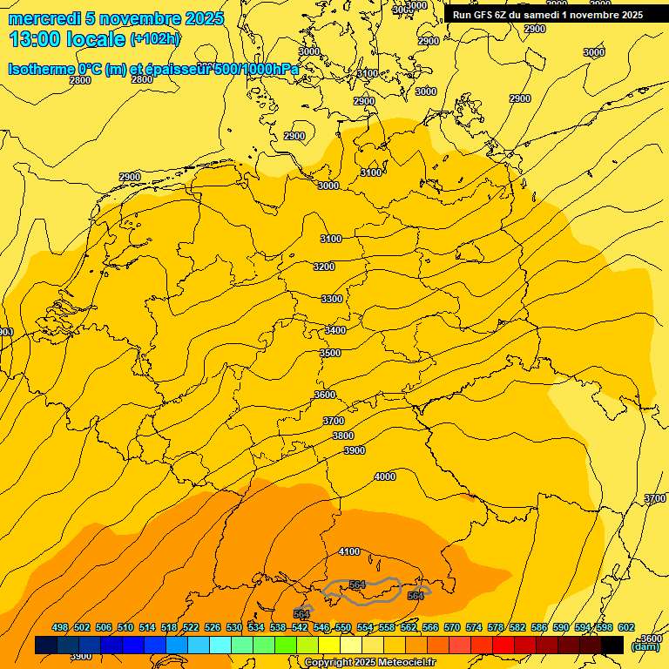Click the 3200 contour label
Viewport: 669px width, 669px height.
pyautogui.click(x=324, y=267)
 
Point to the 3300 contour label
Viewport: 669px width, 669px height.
pyautogui.click(x=332, y=299)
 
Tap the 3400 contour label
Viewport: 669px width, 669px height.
pyautogui.click(x=335, y=330)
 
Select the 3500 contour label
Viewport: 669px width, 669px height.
pyautogui.click(x=330, y=353)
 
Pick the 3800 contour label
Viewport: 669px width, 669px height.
pyautogui.click(x=343, y=436)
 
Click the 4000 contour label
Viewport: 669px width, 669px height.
pyautogui.click(x=384, y=476)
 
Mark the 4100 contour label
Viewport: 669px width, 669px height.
pyautogui.click(x=349, y=551)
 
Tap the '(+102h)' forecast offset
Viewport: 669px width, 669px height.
pyautogui.click(x=155, y=39)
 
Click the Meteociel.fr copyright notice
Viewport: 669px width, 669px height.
pyautogui.click(x=369, y=663)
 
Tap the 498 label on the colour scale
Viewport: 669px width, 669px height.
pyautogui.click(x=60, y=627)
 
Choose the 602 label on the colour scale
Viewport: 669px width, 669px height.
pyautogui.click(x=626, y=627)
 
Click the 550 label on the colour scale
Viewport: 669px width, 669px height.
pyautogui.click(x=343, y=627)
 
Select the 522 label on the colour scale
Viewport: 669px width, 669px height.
pyautogui.click(x=191, y=627)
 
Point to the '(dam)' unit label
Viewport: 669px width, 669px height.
pyautogui.click(x=645, y=645)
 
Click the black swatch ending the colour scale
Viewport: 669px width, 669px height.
pyautogui.click(x=612, y=645)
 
